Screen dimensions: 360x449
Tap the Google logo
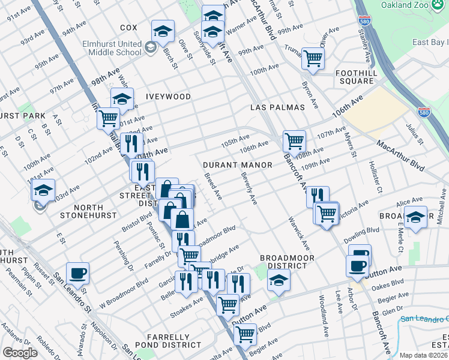click(20, 352)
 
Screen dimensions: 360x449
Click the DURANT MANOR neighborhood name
click(237, 164)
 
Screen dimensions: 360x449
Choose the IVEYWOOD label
click(168, 97)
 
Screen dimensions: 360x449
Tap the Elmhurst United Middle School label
click(113, 48)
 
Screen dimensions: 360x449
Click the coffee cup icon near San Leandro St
click(77, 274)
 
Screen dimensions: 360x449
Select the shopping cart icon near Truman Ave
click(313, 58)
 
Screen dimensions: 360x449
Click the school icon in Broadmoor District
click(278, 280)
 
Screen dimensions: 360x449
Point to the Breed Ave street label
click(213, 187)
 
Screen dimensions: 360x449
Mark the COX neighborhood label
click(128, 28)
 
